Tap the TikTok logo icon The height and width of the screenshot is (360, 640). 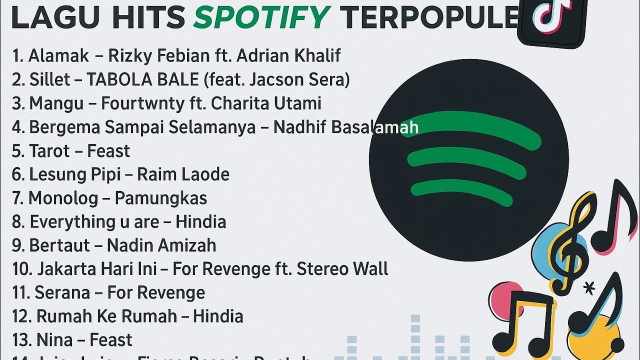(x=552, y=20)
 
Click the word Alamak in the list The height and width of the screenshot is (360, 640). (x=58, y=55)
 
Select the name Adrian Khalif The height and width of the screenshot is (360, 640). (x=288, y=55)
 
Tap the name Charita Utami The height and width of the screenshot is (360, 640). (x=266, y=103)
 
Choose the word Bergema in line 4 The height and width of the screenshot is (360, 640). (x=64, y=127)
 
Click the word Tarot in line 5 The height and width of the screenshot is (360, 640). (x=49, y=151)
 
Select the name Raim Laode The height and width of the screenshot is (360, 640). (x=183, y=174)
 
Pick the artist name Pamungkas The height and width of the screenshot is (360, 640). (x=160, y=198)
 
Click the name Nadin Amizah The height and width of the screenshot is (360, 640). (x=161, y=245)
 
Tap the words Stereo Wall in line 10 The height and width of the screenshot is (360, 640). (x=342, y=269)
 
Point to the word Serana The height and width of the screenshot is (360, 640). (x=62, y=292)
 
